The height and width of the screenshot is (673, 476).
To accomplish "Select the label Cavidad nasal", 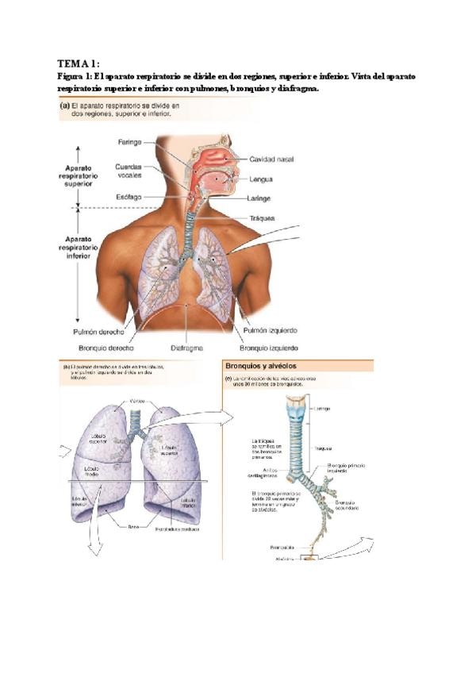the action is [x=273, y=159].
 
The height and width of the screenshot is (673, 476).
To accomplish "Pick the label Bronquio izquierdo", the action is [x=269, y=348].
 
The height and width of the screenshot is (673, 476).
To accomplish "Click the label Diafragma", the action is [x=186, y=348].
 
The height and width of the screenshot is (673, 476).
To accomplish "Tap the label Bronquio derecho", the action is [x=106, y=348].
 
